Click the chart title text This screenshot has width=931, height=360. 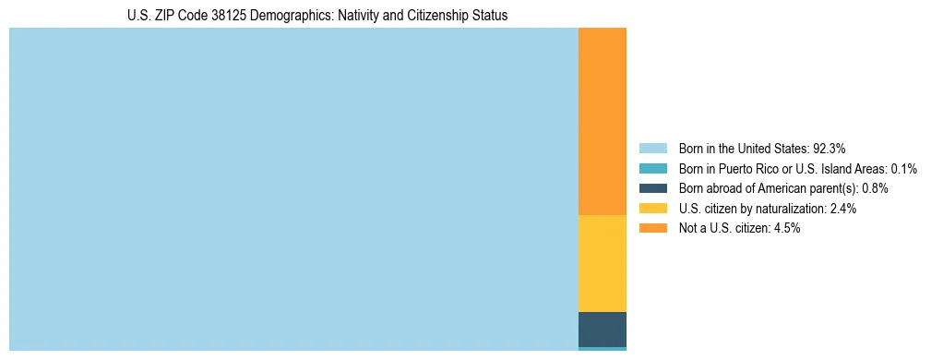(x=317, y=16)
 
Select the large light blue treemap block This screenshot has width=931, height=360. (x=293, y=189)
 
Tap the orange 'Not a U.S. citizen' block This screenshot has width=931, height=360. (x=602, y=121)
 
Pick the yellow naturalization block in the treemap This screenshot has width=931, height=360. (x=602, y=263)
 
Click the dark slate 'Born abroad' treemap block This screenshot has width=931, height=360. (x=602, y=330)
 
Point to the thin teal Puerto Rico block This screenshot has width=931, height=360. (x=602, y=349)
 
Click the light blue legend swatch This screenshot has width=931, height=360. (x=652, y=148)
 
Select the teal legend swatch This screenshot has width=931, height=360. (x=652, y=168)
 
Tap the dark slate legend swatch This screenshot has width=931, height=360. (x=652, y=188)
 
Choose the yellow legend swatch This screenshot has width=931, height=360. (x=652, y=209)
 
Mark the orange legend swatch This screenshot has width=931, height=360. (x=652, y=228)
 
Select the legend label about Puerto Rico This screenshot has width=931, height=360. (x=797, y=168)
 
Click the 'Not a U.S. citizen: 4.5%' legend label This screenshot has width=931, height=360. (x=739, y=228)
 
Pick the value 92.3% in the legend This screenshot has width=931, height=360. (x=830, y=148)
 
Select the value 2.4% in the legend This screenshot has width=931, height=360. (x=841, y=209)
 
